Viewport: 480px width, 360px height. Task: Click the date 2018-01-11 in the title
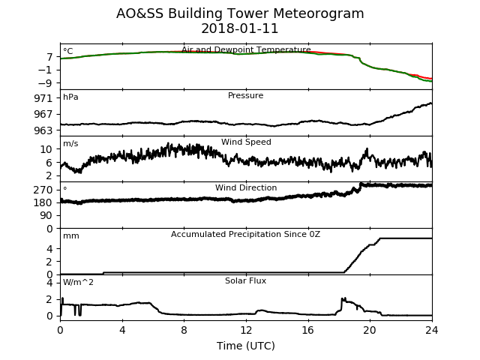click(x=240, y=28)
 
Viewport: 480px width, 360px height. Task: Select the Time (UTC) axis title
click(x=246, y=346)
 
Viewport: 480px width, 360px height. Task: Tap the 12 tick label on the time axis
click(x=246, y=330)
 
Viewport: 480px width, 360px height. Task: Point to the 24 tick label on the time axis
click(x=432, y=330)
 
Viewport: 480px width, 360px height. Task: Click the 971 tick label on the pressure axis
click(x=43, y=98)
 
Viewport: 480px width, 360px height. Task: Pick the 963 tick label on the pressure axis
click(x=43, y=130)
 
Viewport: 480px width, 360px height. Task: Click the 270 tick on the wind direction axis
click(x=43, y=190)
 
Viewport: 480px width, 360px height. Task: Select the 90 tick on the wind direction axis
click(x=46, y=215)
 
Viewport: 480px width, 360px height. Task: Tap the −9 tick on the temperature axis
click(x=45, y=83)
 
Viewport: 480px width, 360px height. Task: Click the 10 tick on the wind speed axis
click(x=46, y=149)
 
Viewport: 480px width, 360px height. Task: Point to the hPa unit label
click(x=70, y=97)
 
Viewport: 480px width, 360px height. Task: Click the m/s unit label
click(x=70, y=143)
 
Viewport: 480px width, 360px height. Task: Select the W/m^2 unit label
click(x=78, y=282)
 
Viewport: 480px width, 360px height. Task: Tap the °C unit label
click(x=68, y=51)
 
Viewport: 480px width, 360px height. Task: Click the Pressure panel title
click(x=245, y=95)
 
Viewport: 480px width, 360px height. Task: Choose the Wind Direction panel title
click(x=246, y=187)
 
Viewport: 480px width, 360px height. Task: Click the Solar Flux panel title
click(x=245, y=280)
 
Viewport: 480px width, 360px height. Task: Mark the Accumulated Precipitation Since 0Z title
click(x=245, y=234)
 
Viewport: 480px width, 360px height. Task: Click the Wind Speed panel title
click(x=246, y=142)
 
